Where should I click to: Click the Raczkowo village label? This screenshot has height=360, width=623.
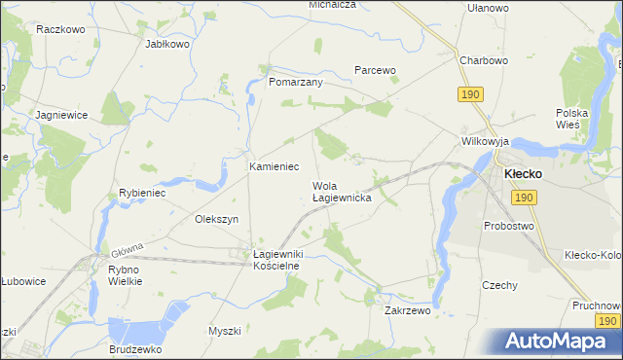tap(56, 29)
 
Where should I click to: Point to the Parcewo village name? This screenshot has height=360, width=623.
tap(375, 70)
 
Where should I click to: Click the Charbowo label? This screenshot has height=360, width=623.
tap(485, 60)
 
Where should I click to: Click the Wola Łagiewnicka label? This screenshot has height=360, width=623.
tap(341, 191)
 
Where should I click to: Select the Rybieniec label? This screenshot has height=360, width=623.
tap(144, 193)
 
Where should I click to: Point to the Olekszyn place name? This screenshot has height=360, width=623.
tap(217, 219)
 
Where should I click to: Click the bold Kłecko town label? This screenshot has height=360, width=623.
tap(530, 173)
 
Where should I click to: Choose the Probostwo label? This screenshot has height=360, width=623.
tap(509, 226)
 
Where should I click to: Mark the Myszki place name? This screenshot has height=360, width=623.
tap(224, 331)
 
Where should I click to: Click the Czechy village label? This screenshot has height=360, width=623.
tap(499, 285)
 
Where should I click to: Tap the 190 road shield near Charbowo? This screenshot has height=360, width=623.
tap(470, 93)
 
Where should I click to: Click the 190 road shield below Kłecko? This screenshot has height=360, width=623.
tap(524, 197)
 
